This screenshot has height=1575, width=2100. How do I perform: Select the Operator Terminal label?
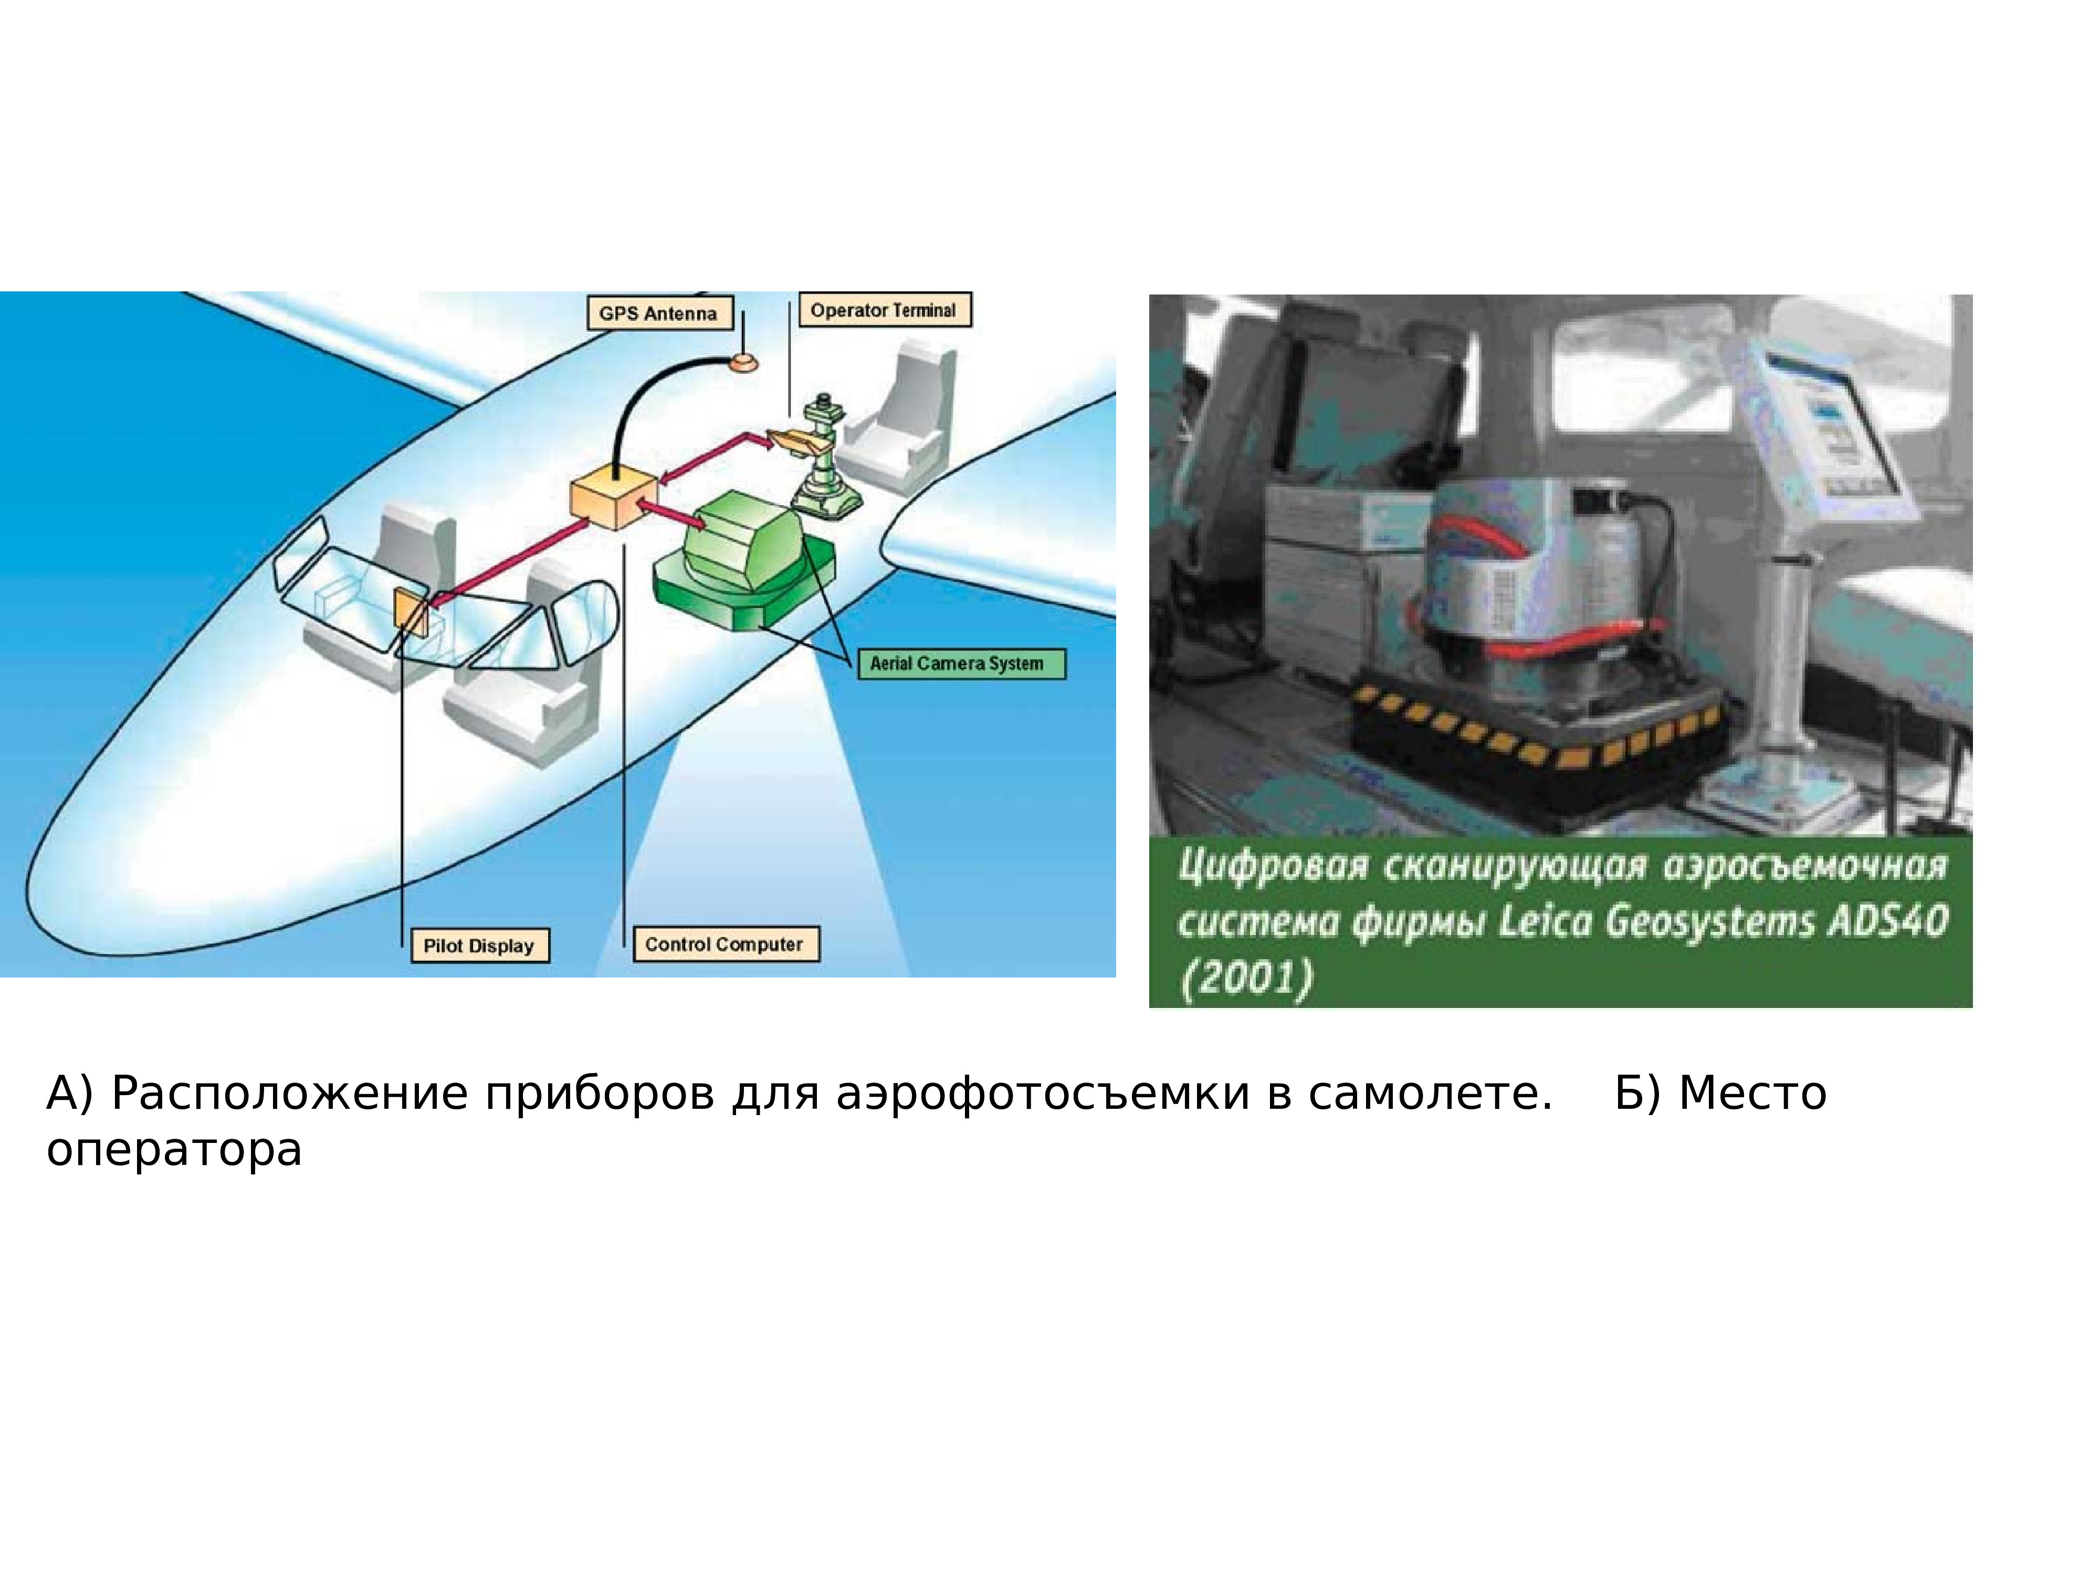click(884, 310)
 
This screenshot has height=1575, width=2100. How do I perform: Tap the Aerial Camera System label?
click(957, 664)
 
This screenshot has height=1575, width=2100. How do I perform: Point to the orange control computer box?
click(612, 503)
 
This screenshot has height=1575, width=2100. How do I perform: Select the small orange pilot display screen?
click(412, 610)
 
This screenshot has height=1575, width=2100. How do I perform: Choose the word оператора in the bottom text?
click(174, 1151)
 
